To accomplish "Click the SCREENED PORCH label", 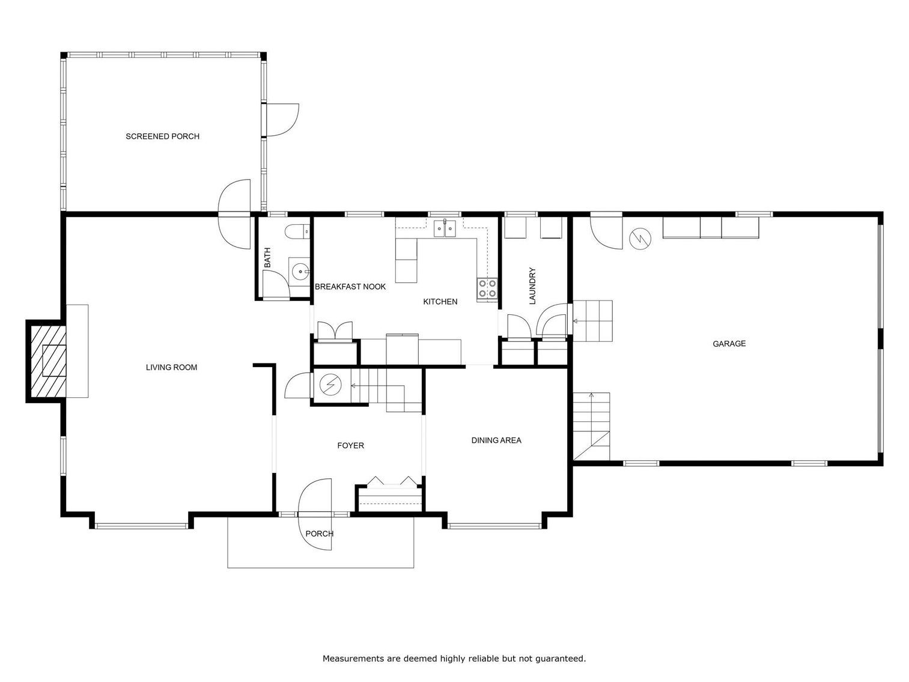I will pos(162,136).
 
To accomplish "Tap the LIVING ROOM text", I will pos(171,367).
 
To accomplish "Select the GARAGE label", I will pos(729,344).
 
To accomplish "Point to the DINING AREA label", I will pos(496,440).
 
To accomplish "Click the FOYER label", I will pos(350,445).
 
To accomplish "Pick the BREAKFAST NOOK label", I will pos(350,287).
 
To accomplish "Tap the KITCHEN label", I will pos(440,302).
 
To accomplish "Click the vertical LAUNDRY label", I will pos(532,286).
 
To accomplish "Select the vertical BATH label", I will pos(267,258).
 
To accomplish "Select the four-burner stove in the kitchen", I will pos(487,288).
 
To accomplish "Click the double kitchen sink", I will pos(445,228).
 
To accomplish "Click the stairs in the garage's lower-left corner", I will pos(591,425).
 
